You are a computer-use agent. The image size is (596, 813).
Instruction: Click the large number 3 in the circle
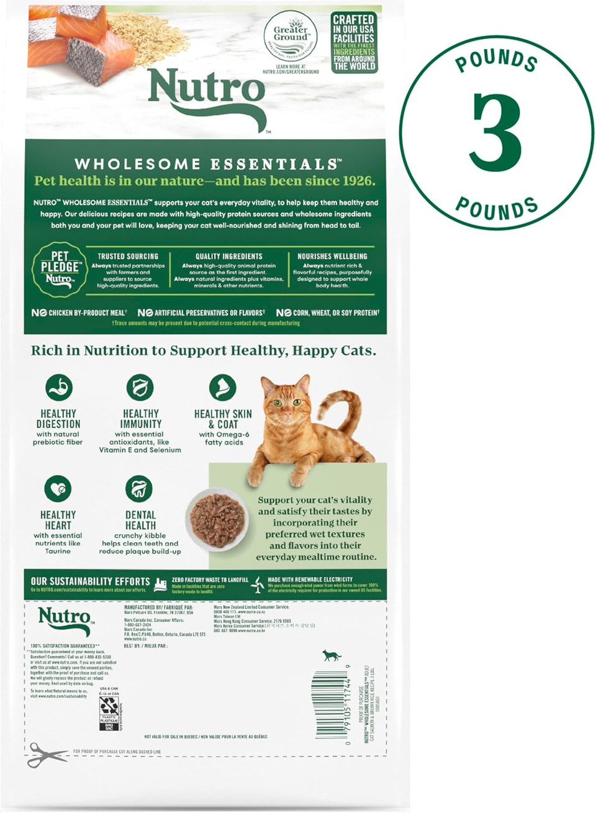495,132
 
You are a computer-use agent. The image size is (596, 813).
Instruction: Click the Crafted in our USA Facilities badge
354,42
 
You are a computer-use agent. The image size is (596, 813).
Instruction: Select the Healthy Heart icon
58,489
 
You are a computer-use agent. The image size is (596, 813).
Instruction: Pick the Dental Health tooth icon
139,489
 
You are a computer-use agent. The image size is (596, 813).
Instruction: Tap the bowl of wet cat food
217,519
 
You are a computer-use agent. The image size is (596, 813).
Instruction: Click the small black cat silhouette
332,655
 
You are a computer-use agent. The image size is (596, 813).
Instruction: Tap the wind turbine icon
256,584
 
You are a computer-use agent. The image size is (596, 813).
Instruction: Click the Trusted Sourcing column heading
128,256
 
